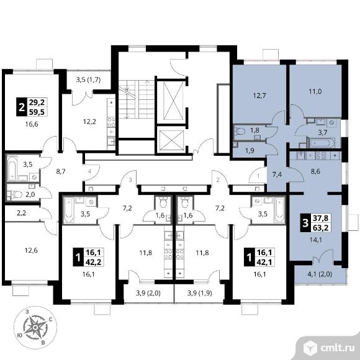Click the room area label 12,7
(259, 96)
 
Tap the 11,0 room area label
(315, 92)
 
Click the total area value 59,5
(37, 112)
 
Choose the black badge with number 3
(305, 223)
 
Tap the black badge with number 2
(22, 107)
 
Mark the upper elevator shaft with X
(174, 101)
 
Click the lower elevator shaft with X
(171, 140)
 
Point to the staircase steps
(136, 99)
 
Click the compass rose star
(35, 327)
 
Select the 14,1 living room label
(315, 240)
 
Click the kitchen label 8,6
(315, 171)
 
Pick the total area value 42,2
(94, 262)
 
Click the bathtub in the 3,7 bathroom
(322, 143)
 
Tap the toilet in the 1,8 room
(240, 132)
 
